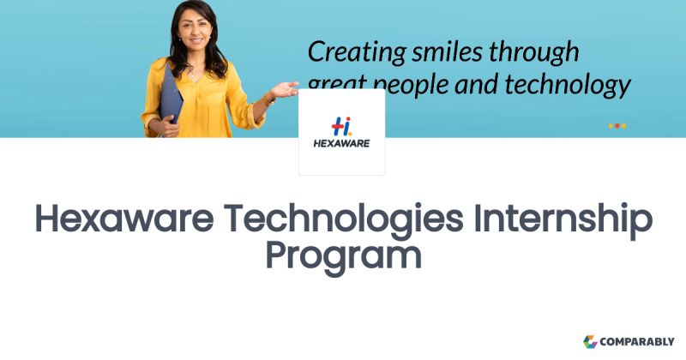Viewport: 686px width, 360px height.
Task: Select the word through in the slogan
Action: pos(533,52)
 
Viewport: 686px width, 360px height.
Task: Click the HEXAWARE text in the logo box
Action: pos(341,144)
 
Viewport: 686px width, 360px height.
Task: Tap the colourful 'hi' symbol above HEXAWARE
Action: pos(341,124)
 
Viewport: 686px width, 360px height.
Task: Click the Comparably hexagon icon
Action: pos(590,341)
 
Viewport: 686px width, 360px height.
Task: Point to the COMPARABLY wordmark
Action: pos(638,341)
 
